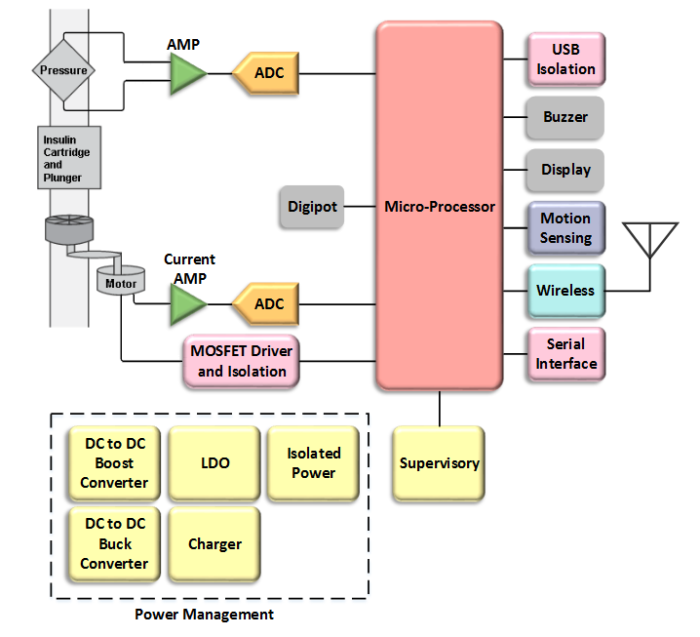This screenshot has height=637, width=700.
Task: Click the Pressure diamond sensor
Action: pyautogui.click(x=63, y=70)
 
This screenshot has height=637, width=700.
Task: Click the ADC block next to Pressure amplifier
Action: pyautogui.click(x=265, y=73)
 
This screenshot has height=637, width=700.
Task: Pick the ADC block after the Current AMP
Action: pyautogui.click(x=265, y=303)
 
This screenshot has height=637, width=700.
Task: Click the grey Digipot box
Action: pyautogui.click(x=311, y=207)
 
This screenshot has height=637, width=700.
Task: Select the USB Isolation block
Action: pyautogui.click(x=565, y=60)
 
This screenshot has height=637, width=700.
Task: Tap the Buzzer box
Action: pyautogui.click(x=565, y=117)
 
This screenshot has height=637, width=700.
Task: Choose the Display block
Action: pyautogui.click(x=565, y=170)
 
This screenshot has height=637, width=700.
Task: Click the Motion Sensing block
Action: pyautogui.click(x=565, y=228)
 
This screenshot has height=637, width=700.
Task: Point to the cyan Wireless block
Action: pyautogui.click(x=565, y=291)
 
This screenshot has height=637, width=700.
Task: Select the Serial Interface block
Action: pyautogui.click(x=565, y=354)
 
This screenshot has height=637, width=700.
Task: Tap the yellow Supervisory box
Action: pyautogui.click(x=439, y=463)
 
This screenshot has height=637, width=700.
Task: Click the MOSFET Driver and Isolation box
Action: pyautogui.click(x=242, y=362)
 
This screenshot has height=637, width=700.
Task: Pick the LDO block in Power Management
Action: pyautogui.click(x=214, y=463)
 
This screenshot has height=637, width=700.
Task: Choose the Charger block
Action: pyautogui.click(x=214, y=544)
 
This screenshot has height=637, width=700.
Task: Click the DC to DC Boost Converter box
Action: pyautogui.click(x=114, y=463)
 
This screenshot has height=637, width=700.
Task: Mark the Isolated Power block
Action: pyautogui.click(x=313, y=463)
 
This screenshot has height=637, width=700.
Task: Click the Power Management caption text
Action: pyautogui.click(x=204, y=615)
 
